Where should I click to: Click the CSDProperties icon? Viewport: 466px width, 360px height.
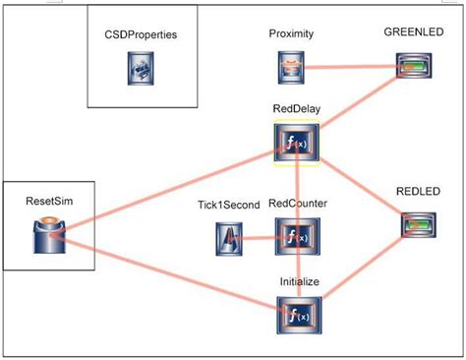[140, 68]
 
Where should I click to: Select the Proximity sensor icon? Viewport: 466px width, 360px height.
[291, 67]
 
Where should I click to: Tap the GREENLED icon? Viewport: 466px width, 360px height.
[414, 66]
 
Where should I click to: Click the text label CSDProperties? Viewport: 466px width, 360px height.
[140, 34]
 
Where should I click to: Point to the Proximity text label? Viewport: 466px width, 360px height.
[291, 34]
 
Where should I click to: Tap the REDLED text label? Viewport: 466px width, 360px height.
[417, 192]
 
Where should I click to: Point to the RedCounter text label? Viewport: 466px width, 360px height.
[298, 205]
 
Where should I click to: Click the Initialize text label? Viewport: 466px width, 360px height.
[299, 281]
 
